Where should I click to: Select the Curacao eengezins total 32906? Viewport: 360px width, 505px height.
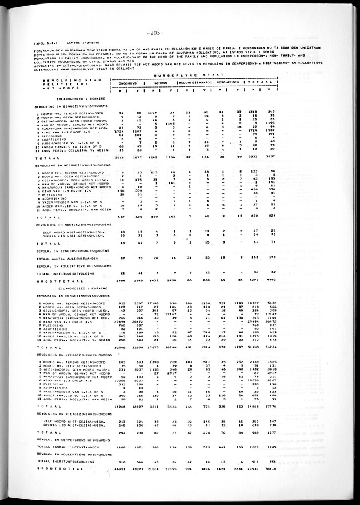[x=119, y=347]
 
